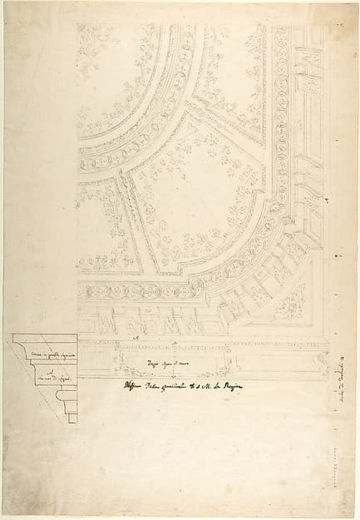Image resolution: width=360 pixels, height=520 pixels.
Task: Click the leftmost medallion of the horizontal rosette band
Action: [84, 292]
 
